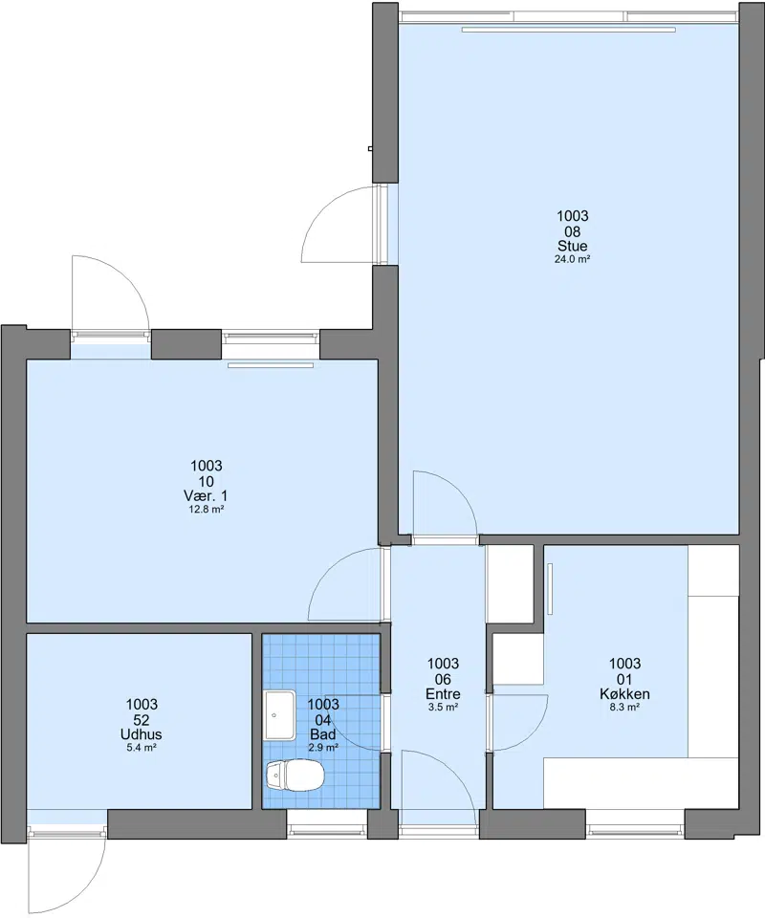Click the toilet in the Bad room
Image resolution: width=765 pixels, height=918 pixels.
point(295,775)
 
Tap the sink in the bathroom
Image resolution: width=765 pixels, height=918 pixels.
point(280,715)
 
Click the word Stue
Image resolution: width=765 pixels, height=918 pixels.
point(573,246)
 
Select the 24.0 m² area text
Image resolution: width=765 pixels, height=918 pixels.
point(573,259)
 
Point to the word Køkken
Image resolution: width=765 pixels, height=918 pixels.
point(624,694)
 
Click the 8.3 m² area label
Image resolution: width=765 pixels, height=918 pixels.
point(624,708)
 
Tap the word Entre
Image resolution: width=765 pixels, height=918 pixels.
point(443,694)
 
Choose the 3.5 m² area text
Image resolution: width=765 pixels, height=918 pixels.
point(443,708)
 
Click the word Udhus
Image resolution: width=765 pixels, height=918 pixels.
point(142,734)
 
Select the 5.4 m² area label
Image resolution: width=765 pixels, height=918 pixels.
point(142,748)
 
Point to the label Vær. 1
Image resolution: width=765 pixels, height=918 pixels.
point(206,496)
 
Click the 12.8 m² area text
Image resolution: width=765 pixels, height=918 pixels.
point(206,510)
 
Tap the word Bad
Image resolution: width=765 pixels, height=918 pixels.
point(323,734)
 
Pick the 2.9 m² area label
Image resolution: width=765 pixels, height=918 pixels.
point(323,748)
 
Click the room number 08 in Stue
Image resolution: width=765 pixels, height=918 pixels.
point(573,231)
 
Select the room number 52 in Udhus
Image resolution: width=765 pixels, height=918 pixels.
point(142,720)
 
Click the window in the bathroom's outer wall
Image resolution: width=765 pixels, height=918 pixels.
point(327,828)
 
